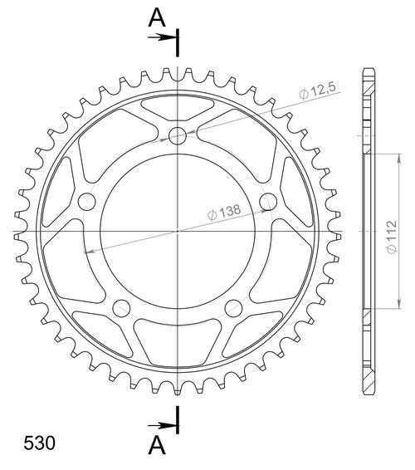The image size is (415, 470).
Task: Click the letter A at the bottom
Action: tap(155, 446)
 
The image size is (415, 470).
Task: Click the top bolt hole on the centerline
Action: tap(177, 135)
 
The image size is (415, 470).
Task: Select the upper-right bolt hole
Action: tap(267, 201)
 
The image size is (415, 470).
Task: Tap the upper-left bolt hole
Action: tap(86, 201)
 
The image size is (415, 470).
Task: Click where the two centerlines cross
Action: tap(177, 230)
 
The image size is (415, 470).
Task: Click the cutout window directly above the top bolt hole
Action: tap(177, 107)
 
